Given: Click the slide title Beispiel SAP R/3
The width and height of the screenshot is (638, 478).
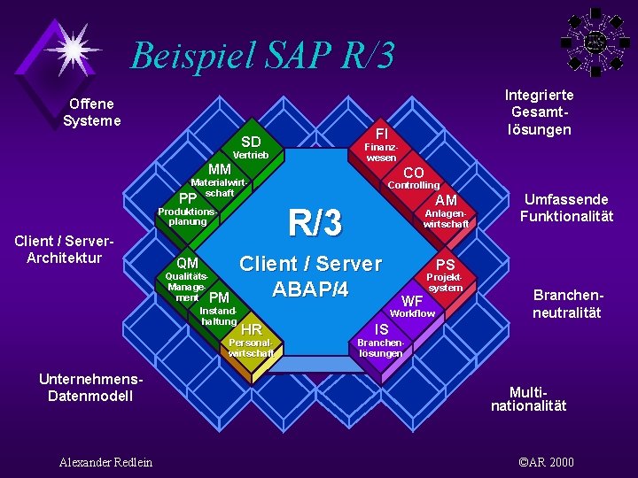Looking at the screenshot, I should [x=262, y=55].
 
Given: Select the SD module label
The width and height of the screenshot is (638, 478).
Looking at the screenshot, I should [x=251, y=142].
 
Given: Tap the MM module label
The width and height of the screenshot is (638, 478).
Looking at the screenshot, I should [x=219, y=169].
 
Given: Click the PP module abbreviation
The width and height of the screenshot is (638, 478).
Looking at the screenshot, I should [x=188, y=197].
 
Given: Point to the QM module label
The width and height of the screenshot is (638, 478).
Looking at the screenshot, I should [x=187, y=263].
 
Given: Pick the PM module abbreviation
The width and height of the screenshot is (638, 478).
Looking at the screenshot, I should [x=220, y=297].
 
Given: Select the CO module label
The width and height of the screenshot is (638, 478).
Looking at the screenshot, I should [x=413, y=173].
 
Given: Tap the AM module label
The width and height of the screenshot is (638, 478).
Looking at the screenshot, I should [x=446, y=201].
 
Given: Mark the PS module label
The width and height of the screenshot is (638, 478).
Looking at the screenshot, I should [x=445, y=265].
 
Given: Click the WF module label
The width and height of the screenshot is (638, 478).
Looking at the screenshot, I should [x=412, y=301].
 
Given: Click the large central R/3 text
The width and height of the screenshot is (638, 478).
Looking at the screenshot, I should [x=315, y=223].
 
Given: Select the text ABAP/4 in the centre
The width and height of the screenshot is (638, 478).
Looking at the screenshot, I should [x=310, y=289].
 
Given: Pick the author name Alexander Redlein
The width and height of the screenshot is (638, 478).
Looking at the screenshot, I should [x=105, y=462].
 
